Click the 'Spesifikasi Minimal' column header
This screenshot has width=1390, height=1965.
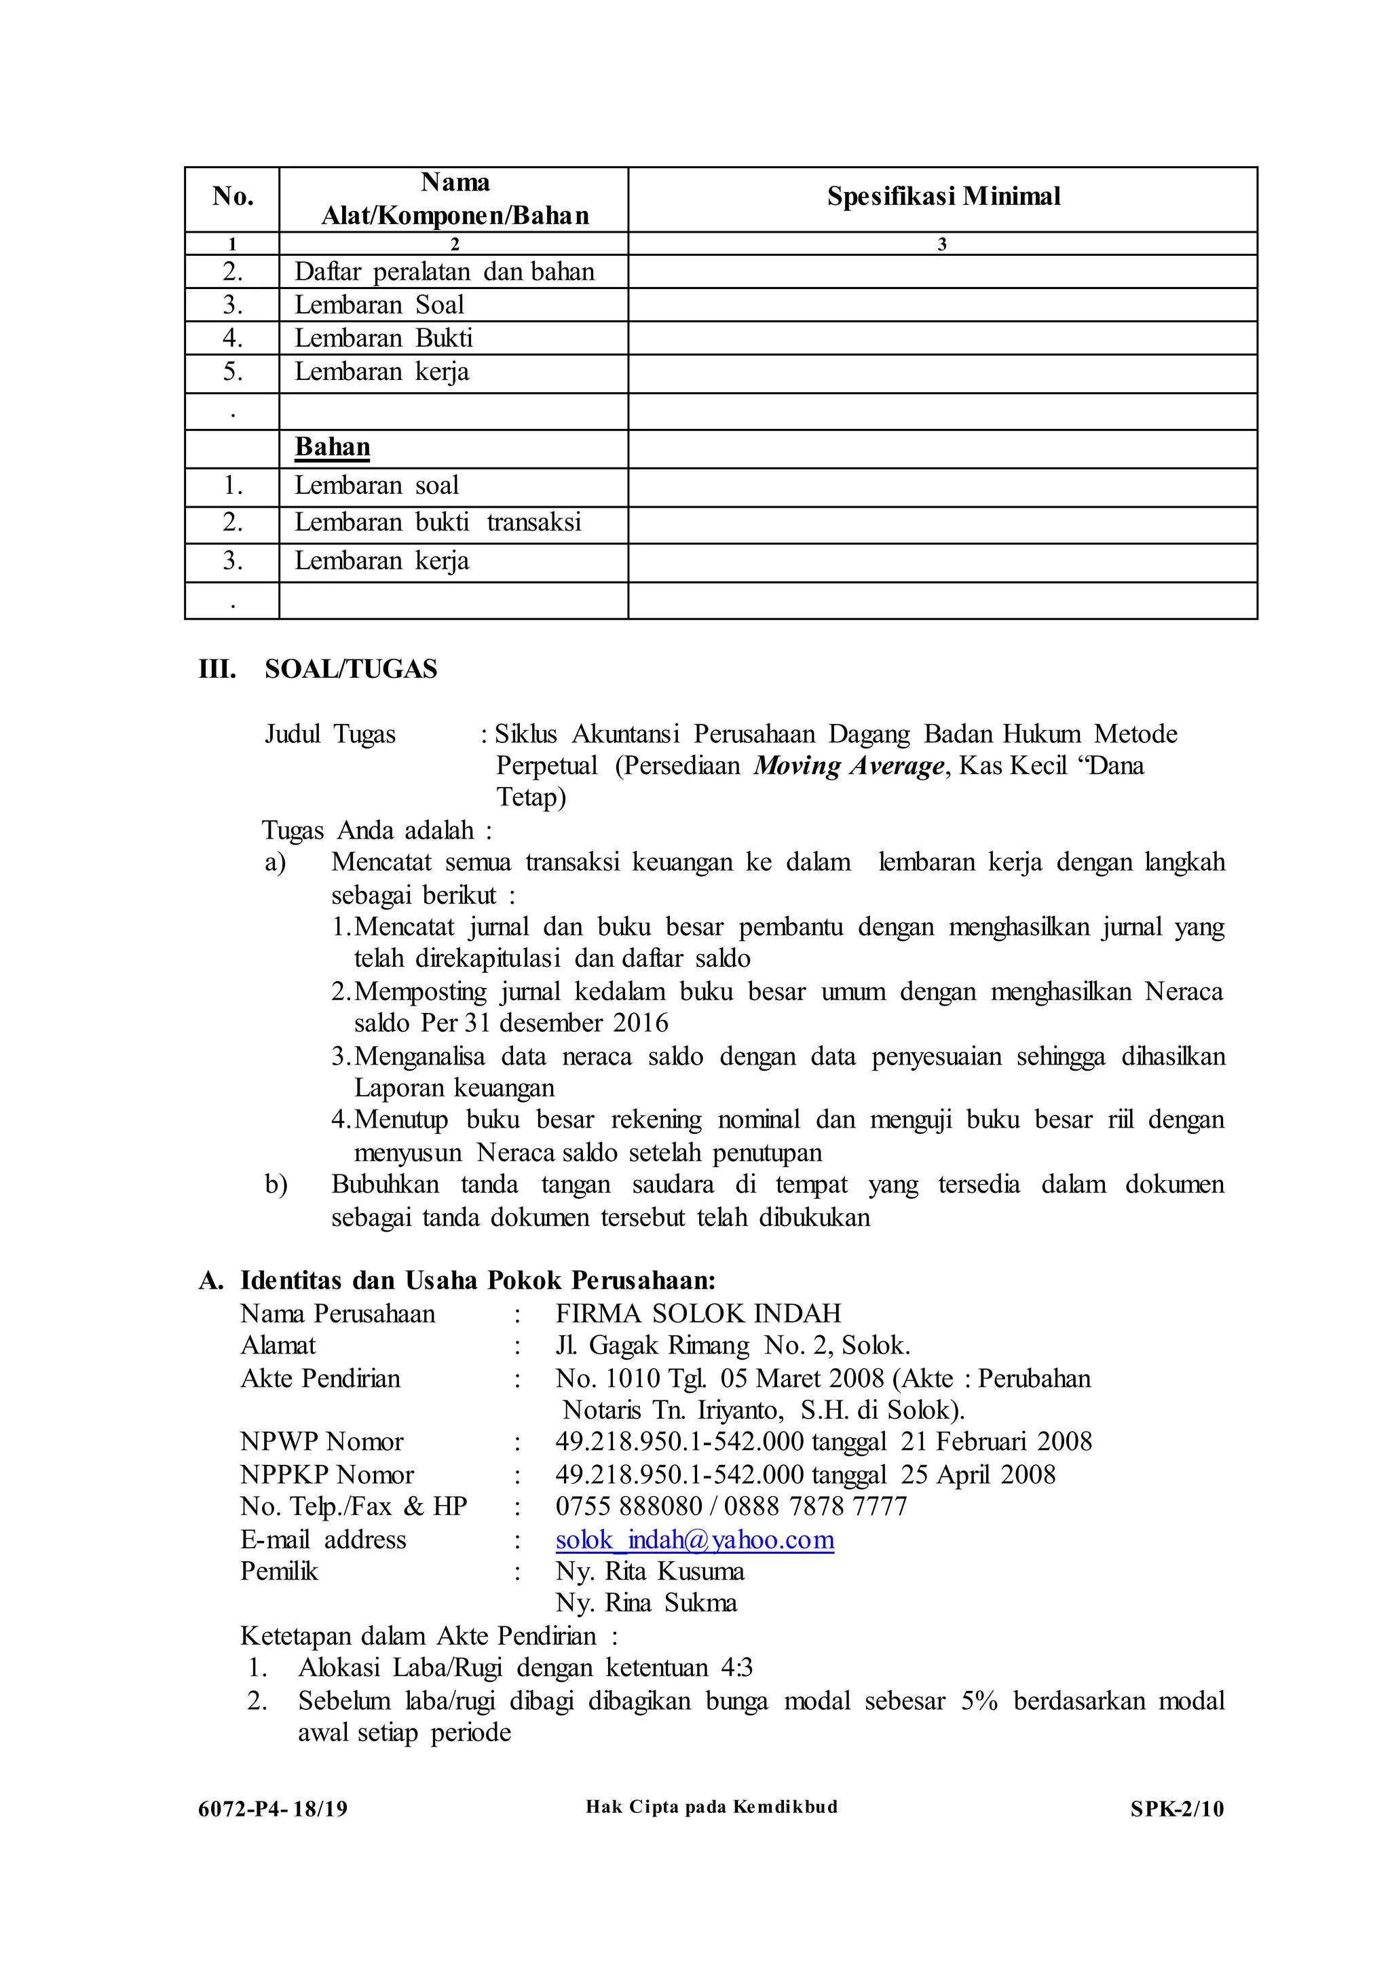pyautogui.click(x=943, y=197)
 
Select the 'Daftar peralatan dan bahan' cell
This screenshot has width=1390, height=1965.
pyautogui.click(x=445, y=272)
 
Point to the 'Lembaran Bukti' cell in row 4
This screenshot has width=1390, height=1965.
pyautogui.click(x=383, y=339)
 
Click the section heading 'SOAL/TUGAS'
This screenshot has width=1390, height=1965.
pyautogui.click(x=351, y=669)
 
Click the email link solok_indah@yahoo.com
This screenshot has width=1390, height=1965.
pyautogui.click(x=694, y=1540)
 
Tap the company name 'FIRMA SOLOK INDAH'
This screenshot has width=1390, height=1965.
pyautogui.click(x=698, y=1314)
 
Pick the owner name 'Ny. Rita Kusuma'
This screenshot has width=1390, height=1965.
pyautogui.click(x=650, y=1571)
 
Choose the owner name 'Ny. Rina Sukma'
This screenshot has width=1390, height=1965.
pyautogui.click(x=646, y=1603)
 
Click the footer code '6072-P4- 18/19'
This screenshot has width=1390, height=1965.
pyautogui.click(x=272, y=1808)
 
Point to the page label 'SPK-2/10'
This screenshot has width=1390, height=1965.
pyautogui.click(x=1177, y=1808)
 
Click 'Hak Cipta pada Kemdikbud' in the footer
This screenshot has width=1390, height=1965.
pyautogui.click(x=711, y=1807)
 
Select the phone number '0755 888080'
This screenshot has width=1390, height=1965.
pyautogui.click(x=628, y=1506)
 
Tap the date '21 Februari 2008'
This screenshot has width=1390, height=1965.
pyautogui.click(x=996, y=1442)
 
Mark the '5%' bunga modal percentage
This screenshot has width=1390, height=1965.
pyautogui.click(x=979, y=1700)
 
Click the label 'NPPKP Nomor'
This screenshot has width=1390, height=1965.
pyautogui.click(x=327, y=1474)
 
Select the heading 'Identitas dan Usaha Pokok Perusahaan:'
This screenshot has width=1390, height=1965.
pyautogui.click(x=478, y=1281)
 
